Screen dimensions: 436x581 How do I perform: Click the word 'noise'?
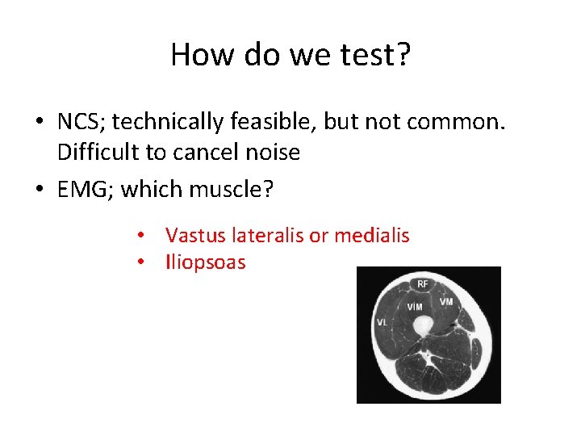pyautogui.click(x=271, y=151)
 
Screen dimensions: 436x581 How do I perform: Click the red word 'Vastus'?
pyautogui.click(x=193, y=236)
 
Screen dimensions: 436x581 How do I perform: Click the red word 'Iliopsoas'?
pyautogui.click(x=205, y=262)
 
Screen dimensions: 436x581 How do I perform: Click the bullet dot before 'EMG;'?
pyautogui.click(x=39, y=191)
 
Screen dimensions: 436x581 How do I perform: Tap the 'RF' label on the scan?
pyautogui.click(x=423, y=283)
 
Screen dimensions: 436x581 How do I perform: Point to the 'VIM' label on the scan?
pyautogui.click(x=414, y=308)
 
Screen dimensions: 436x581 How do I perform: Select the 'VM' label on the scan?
pyautogui.click(x=445, y=301)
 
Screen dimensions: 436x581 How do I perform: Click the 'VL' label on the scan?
pyautogui.click(x=381, y=322)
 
